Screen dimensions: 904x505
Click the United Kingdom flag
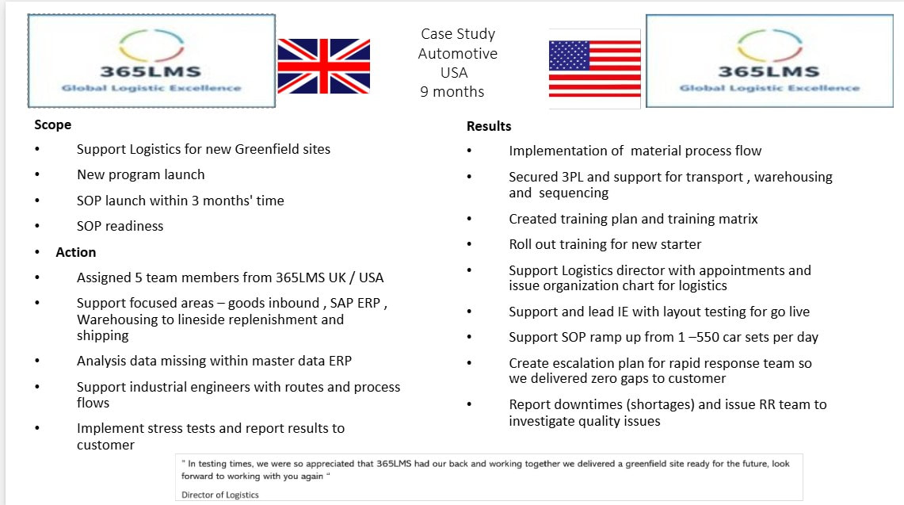tap(323, 66)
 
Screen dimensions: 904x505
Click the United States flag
tap(594, 68)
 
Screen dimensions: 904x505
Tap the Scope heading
tap(52, 124)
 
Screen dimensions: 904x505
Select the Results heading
tap(489, 126)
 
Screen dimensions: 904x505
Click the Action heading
tap(75, 252)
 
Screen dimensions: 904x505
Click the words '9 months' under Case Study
tap(452, 92)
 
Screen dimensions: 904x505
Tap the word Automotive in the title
tap(458, 54)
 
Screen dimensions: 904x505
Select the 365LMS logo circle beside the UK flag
tap(151, 45)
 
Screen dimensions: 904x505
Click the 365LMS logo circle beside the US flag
tap(769, 45)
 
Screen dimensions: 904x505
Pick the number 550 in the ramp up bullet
tap(708, 337)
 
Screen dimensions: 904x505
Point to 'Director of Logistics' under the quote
tap(219, 495)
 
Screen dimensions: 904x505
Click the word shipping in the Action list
tap(103, 336)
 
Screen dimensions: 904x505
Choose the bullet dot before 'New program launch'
tap(37, 174)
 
